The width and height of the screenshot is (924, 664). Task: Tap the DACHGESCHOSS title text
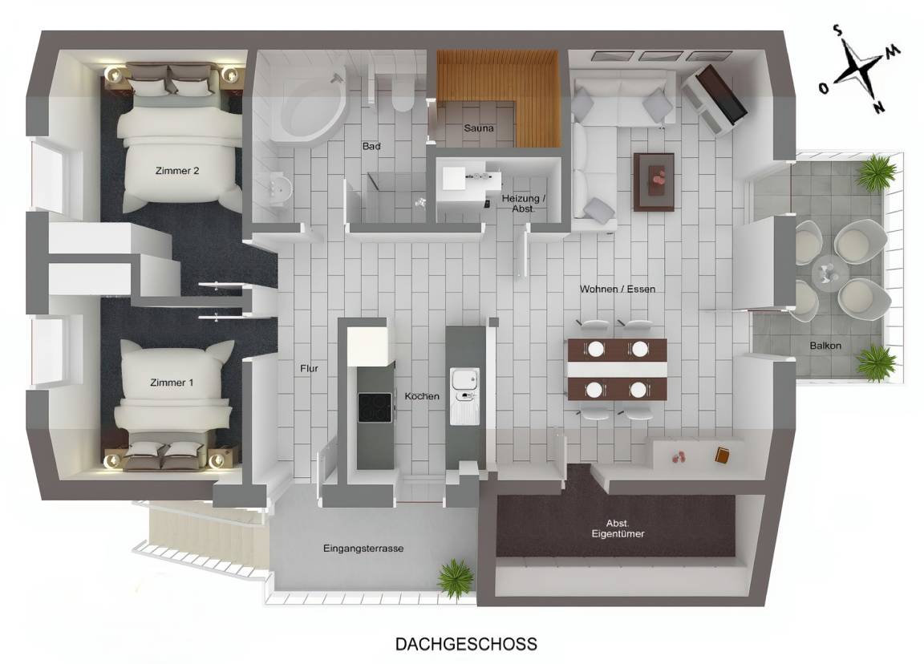pos(466,644)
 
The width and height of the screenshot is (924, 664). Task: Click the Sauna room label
pos(479,128)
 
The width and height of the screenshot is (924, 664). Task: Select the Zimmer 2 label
pos(177,171)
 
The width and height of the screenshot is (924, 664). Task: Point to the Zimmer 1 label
pos(172,383)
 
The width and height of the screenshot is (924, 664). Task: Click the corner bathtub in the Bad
pos(312,109)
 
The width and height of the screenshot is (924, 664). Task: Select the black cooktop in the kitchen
pos(375,407)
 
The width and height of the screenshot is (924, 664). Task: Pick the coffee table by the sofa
pos(654,181)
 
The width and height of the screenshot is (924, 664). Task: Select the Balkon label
pos(825,346)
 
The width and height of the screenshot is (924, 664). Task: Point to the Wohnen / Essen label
pos(617,289)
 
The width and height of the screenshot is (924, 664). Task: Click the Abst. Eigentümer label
pos(618,528)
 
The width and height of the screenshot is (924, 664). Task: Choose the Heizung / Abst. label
pos(523,203)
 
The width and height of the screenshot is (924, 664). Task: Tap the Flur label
pos(309,368)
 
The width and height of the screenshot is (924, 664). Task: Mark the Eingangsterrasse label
pos(363,549)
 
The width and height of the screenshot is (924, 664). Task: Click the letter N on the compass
pos(878,107)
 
